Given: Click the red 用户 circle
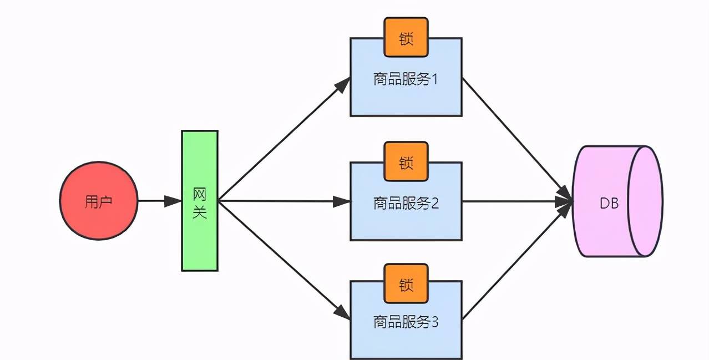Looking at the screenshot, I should click(x=98, y=201).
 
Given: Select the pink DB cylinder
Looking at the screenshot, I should click(x=616, y=201).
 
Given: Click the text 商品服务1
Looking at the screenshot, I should click(x=406, y=79).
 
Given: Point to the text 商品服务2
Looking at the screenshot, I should click(x=406, y=204).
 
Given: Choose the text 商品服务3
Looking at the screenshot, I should click(x=406, y=322).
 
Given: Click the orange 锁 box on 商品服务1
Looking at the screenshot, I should click(x=406, y=38).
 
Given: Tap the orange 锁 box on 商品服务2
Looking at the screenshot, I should click(x=406, y=162).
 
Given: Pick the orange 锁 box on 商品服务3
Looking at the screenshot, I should click(x=406, y=285).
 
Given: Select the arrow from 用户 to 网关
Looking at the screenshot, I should click(x=158, y=201).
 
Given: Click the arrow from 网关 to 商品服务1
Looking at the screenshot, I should click(x=283, y=139).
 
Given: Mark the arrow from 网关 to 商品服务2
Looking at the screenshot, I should click(x=283, y=201).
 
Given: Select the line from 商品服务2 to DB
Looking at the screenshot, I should click(x=516, y=201).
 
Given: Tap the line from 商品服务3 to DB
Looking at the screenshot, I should click(x=516, y=261).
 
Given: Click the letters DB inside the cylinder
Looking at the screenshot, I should click(x=609, y=204).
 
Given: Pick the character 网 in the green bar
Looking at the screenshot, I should click(x=200, y=194).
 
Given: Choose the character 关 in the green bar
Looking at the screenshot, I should click(x=200, y=212).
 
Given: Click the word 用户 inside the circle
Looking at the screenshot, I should click(x=98, y=201).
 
